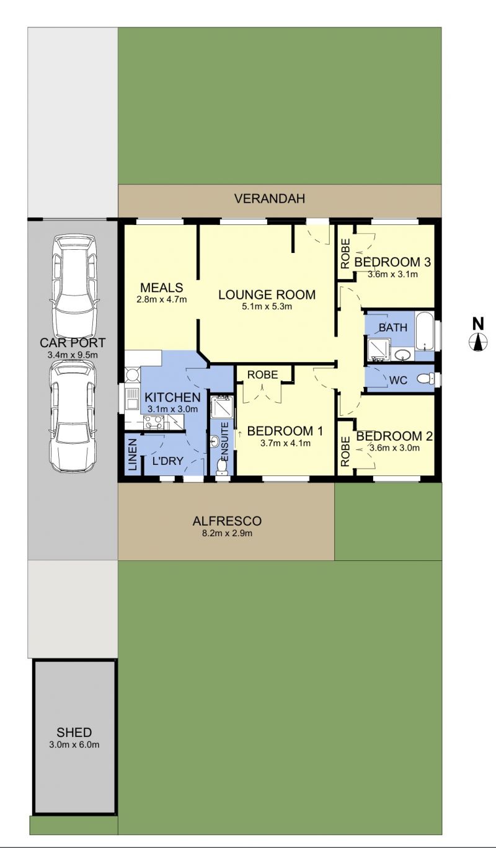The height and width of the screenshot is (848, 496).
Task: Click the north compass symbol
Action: [x=478, y=342]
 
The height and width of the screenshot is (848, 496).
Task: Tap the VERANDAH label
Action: [x=270, y=199]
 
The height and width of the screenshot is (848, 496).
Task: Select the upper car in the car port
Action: [x=74, y=288]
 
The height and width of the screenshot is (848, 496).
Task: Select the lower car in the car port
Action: [x=73, y=416]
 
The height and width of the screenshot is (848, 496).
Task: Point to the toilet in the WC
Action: [x=425, y=378]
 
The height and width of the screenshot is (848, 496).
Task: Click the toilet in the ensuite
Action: [x=221, y=467]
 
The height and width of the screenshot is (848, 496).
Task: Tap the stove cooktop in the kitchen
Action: [x=154, y=423]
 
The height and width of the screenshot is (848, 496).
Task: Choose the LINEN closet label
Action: [x=132, y=454]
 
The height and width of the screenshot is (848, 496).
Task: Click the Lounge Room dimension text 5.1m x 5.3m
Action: [x=267, y=307]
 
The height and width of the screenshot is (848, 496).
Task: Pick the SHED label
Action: [x=74, y=733]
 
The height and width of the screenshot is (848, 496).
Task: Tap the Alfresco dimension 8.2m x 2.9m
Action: [x=227, y=534]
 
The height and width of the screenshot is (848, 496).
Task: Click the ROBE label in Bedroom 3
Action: [x=345, y=254]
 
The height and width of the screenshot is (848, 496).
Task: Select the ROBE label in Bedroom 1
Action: [x=263, y=375]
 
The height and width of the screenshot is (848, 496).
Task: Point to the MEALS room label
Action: [x=162, y=288]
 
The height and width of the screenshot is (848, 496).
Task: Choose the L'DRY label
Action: [x=168, y=461]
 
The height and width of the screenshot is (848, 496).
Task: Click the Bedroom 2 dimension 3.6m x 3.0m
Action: [x=394, y=448]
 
